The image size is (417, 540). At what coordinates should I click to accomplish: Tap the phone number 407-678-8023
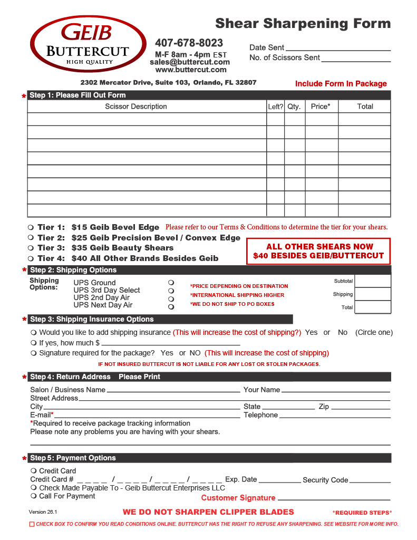[189, 43]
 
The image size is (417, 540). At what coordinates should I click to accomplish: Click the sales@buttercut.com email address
[190, 62]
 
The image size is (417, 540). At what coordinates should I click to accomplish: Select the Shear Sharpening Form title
[303, 24]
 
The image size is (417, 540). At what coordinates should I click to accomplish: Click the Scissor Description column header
[136, 107]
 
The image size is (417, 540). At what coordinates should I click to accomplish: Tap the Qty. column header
[294, 107]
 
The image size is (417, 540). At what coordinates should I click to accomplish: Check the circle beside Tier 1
[31, 227]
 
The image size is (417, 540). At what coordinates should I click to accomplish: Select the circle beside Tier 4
[31, 258]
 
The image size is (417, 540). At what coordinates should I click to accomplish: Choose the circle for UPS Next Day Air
[171, 306]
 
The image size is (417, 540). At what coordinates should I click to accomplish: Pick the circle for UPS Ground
[171, 283]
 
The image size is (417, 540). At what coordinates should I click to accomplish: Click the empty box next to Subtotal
[373, 281]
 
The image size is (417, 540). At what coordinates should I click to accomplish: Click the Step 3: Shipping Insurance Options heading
[92, 319]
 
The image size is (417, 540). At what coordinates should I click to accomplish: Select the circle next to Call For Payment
[34, 496]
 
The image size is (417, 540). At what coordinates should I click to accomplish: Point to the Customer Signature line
[334, 499]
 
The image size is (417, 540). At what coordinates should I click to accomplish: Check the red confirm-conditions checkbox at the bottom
[32, 524]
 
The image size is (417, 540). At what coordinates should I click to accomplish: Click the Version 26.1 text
[43, 512]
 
